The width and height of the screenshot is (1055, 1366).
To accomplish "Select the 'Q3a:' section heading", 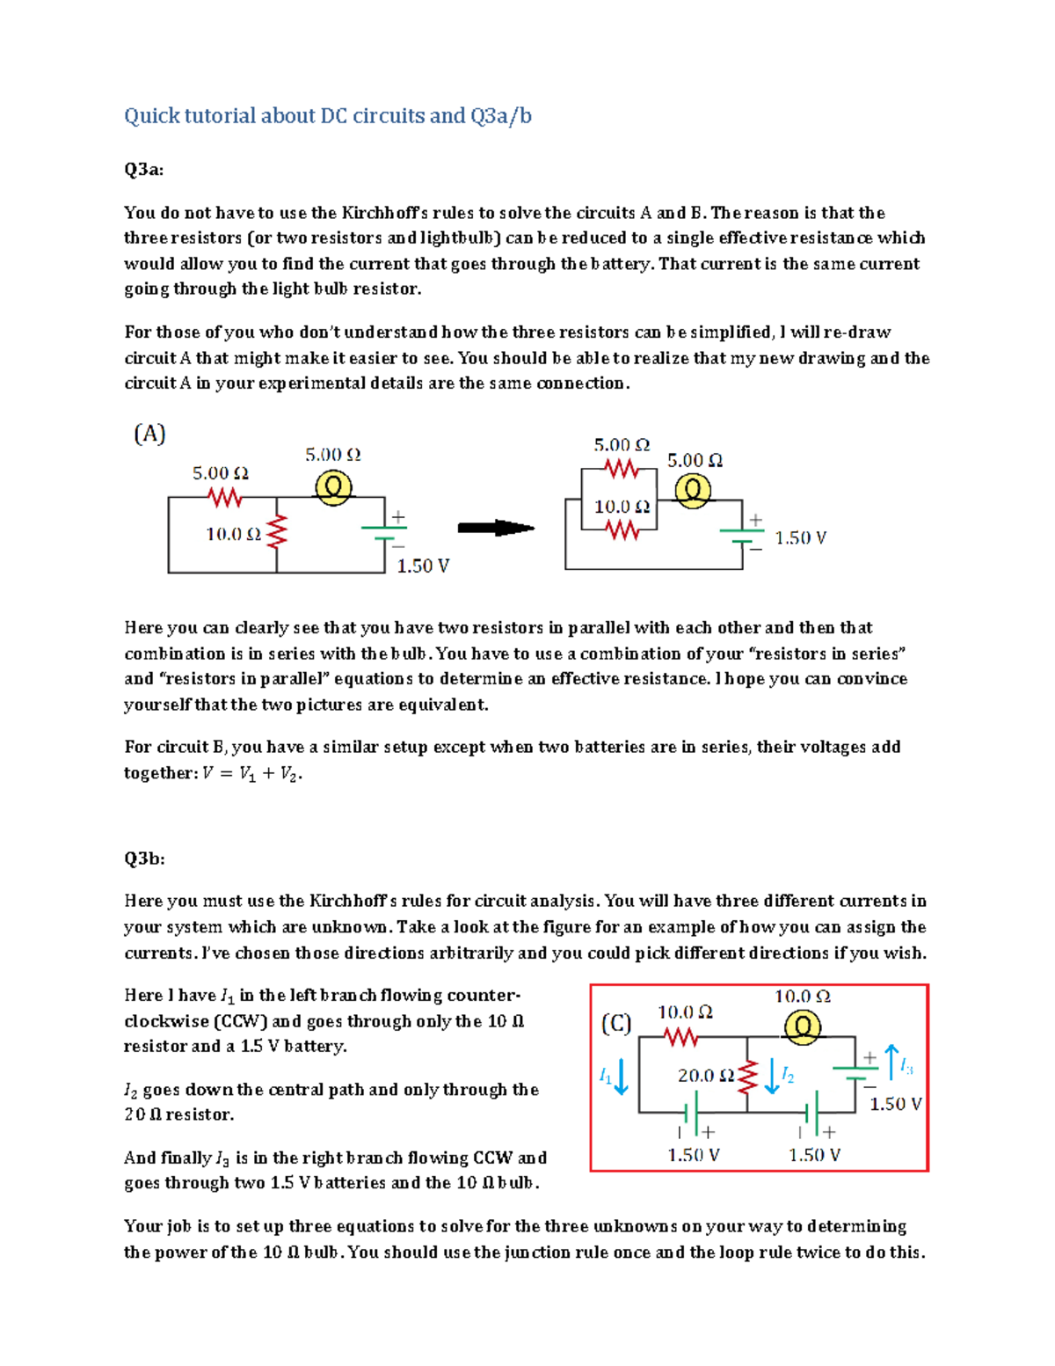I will click(143, 170).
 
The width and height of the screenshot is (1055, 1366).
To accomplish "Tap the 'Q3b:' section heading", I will click(144, 858).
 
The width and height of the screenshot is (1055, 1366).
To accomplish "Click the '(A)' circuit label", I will click(149, 434).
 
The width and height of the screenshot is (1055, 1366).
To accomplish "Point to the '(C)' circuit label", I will click(615, 1024).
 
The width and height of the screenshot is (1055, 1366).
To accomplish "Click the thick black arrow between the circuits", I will click(496, 528).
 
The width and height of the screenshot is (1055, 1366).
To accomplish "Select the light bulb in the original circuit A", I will click(333, 487).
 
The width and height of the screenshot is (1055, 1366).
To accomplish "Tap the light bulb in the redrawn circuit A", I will click(693, 491).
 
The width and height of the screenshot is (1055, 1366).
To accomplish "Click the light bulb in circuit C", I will click(802, 1027).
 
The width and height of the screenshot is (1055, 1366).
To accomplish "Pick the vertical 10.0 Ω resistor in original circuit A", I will click(278, 531).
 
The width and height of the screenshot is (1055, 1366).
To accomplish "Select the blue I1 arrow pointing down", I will click(621, 1076).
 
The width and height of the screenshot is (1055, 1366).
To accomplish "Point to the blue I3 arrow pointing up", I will click(891, 1062).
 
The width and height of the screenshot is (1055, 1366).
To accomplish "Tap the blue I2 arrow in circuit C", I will click(772, 1076).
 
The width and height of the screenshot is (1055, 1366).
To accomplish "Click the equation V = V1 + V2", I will click(252, 774).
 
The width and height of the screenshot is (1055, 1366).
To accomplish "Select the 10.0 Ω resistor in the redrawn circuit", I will click(622, 530).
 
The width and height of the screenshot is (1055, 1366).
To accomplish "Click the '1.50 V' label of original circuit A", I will click(423, 566).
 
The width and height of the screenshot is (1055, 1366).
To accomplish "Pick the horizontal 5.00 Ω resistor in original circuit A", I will click(226, 498).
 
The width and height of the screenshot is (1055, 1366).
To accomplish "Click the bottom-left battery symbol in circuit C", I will click(692, 1113).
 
